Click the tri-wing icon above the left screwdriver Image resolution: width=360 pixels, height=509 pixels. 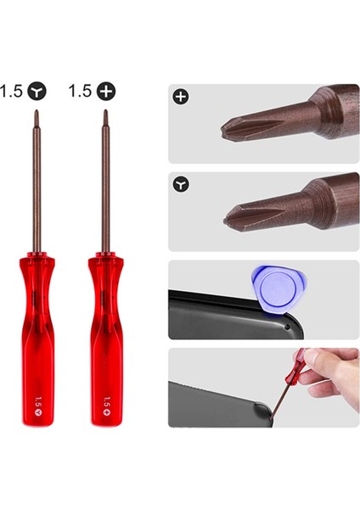tap(37, 90)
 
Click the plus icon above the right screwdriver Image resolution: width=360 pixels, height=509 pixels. tap(106, 90)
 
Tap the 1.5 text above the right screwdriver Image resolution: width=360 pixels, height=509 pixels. tap(81, 90)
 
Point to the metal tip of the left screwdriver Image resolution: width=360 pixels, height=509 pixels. tap(37, 114)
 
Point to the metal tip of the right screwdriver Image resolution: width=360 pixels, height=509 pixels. tap(105, 114)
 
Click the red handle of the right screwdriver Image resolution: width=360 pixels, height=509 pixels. tap(105, 339)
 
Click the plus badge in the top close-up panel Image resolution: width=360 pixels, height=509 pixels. tap(180, 97)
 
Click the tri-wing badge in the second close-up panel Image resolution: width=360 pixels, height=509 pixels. tap(180, 184)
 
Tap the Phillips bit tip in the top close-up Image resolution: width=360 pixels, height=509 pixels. tap(228, 131)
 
